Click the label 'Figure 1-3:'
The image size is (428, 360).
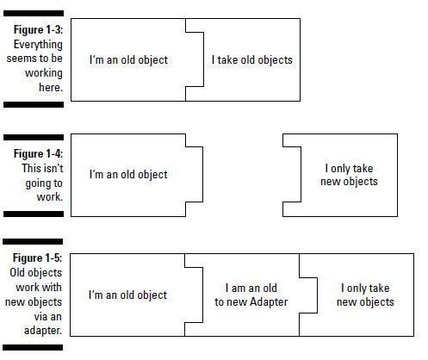(x=38, y=29)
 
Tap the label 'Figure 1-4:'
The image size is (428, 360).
(x=38, y=153)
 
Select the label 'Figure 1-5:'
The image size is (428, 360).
(x=37, y=258)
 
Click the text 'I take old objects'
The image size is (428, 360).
(x=252, y=59)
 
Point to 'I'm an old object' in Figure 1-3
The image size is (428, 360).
(x=128, y=59)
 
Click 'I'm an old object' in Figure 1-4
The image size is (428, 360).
(x=128, y=174)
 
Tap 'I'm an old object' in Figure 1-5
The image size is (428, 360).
(x=127, y=295)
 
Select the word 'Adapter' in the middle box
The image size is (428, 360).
(x=269, y=301)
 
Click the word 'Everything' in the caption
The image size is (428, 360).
(x=38, y=45)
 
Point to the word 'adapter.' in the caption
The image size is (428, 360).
(x=43, y=331)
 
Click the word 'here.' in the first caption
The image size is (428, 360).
(x=51, y=87)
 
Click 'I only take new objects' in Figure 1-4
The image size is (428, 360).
(x=349, y=175)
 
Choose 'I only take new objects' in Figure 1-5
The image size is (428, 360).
(x=365, y=295)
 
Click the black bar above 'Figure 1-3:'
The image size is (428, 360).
(x=34, y=13)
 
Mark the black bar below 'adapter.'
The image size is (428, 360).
(x=33, y=347)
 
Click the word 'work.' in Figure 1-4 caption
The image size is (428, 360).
(x=50, y=197)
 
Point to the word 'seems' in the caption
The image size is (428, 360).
(x=20, y=59)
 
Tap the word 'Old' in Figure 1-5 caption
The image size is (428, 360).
(x=17, y=272)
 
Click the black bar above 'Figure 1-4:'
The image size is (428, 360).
(x=34, y=138)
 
